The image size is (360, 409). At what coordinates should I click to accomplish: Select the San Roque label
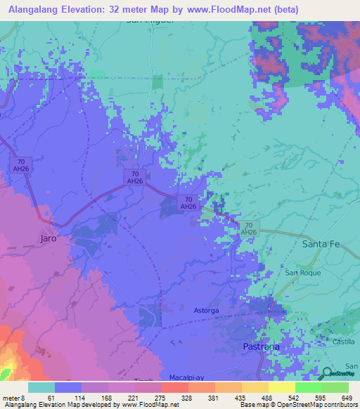[300, 273]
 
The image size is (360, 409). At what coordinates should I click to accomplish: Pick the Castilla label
[344, 341]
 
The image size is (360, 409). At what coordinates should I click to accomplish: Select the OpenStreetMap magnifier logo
[327, 373]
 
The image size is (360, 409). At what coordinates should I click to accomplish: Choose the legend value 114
[72, 398]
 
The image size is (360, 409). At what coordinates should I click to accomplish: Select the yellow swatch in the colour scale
[281, 387]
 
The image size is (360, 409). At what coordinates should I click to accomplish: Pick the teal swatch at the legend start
[41, 387]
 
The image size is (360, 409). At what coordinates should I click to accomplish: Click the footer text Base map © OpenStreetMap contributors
[297, 405]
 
